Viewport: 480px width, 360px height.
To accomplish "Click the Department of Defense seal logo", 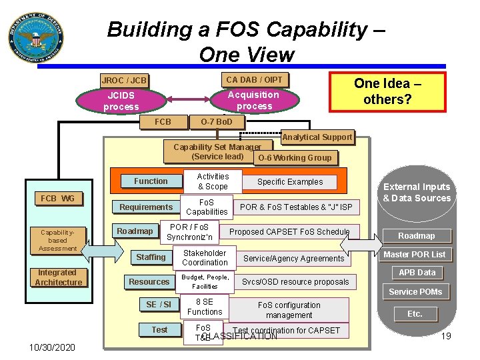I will (36, 36).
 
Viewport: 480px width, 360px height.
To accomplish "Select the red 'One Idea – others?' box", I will (387, 92).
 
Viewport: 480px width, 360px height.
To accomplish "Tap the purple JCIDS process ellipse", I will (121, 101).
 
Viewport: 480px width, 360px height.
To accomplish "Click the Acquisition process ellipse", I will (254, 101).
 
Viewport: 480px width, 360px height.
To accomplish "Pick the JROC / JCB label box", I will (124, 81).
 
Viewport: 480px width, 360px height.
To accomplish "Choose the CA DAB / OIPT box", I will (254, 79).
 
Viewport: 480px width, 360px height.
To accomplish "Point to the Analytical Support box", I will (317, 137).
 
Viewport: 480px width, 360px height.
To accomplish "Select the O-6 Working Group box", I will (294, 158).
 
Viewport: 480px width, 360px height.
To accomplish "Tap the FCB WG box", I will (57, 199).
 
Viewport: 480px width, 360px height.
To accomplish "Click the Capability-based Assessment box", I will (58, 240).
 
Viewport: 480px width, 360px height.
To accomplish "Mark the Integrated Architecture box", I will (58, 277).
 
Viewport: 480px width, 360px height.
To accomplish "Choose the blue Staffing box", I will (151, 257).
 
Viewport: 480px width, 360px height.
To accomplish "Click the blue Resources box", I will (149, 282).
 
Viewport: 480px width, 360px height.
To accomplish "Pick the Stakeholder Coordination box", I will (205, 258).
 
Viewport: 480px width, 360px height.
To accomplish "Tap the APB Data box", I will (417, 273).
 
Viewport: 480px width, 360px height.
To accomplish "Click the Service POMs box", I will (415, 292).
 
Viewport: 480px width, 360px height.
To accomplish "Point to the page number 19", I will (446, 336).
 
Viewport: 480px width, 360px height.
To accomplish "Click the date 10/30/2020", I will (52, 347).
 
